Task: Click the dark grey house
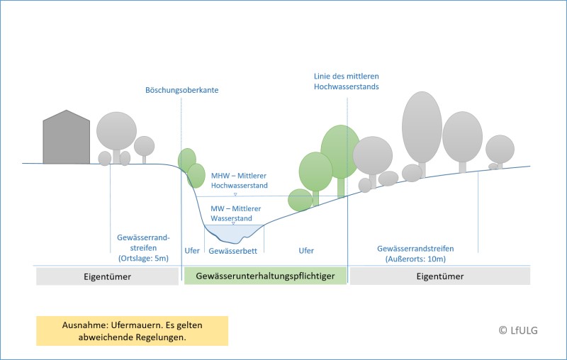[x=67, y=138]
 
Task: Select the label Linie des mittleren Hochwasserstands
[x=347, y=81]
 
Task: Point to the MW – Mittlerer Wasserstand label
[x=236, y=214]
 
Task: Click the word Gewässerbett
[x=233, y=251]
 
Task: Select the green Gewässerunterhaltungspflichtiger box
[x=265, y=276]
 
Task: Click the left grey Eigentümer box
[x=107, y=276]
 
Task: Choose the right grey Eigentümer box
[x=440, y=276]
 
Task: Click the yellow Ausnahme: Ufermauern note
[x=133, y=330]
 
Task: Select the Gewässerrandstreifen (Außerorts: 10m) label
[x=416, y=254]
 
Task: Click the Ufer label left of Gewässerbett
[x=192, y=251]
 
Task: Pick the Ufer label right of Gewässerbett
[x=306, y=251]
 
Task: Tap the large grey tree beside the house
[x=116, y=131]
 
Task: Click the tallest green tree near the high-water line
[x=340, y=152]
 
